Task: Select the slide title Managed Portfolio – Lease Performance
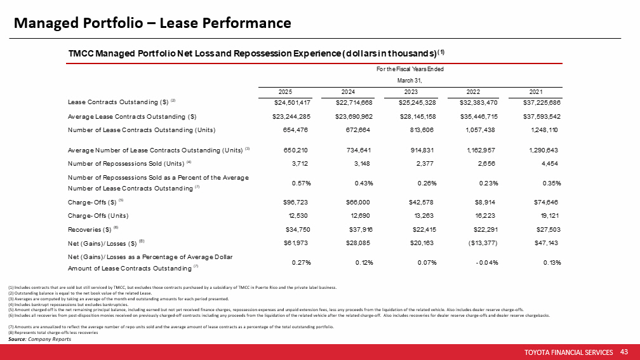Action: point(153,23)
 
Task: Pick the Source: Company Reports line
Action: point(39,339)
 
